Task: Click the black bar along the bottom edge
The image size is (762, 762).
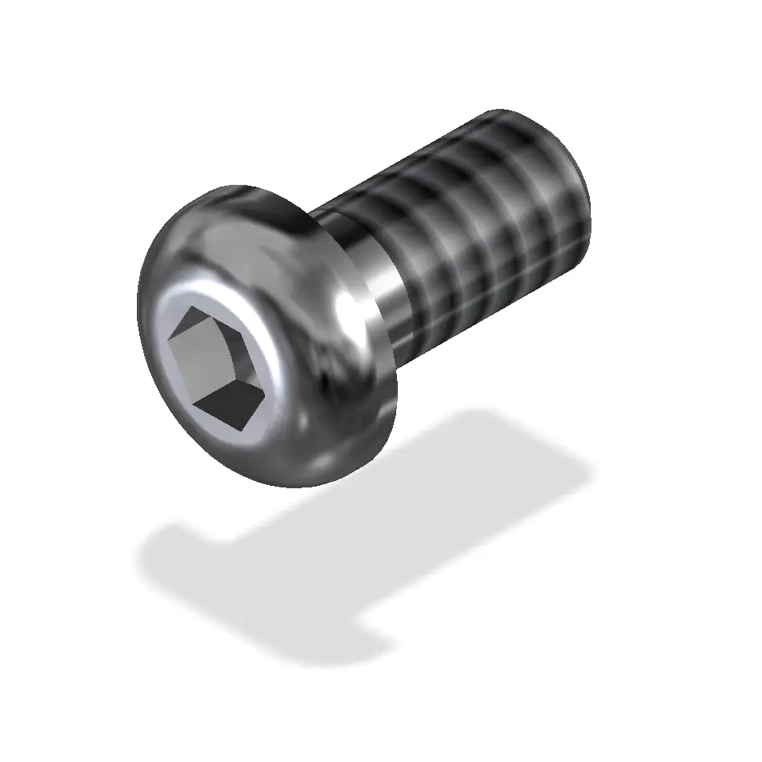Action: point(381,724)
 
